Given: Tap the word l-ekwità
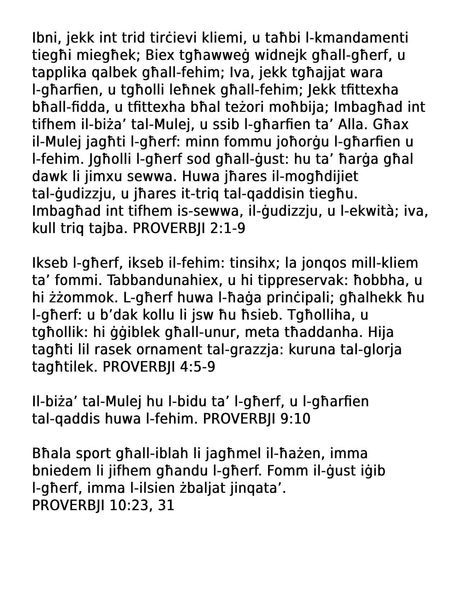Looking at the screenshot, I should tap(371, 211).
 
